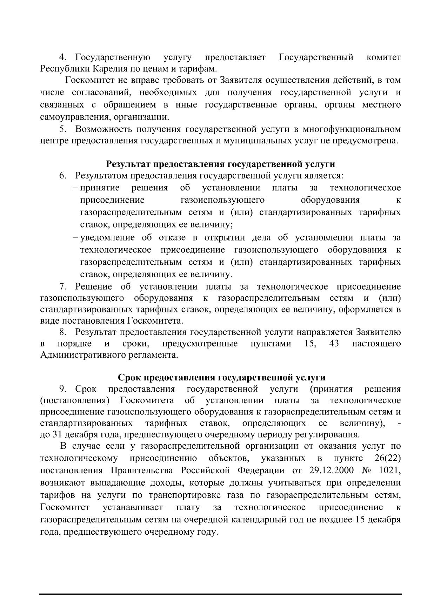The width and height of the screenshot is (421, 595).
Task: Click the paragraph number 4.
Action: [x=62, y=57]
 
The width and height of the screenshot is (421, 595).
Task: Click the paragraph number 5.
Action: [x=62, y=129]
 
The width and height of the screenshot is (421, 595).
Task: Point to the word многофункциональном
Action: [x=352, y=129]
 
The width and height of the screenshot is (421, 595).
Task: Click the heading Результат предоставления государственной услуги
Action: [x=220, y=164]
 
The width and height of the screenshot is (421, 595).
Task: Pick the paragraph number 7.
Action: [x=62, y=286]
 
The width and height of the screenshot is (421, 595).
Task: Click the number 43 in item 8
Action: [x=334, y=343]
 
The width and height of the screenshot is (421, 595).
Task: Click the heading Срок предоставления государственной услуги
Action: [x=221, y=377]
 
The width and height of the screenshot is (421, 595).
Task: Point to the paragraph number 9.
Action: [x=62, y=389]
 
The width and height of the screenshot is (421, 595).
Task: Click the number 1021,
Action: [x=390, y=471]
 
